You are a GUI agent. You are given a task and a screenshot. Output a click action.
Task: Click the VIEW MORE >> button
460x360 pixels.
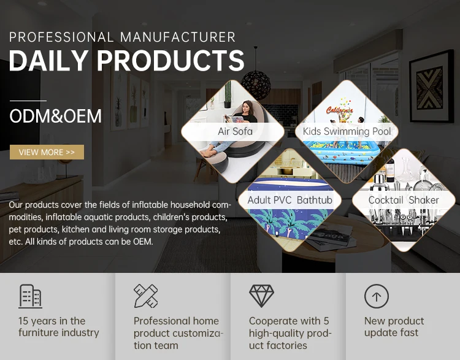pos(47,152)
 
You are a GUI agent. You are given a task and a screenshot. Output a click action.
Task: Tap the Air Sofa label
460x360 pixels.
pos(235,131)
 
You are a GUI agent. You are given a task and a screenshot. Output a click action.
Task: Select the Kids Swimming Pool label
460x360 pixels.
pos(347,131)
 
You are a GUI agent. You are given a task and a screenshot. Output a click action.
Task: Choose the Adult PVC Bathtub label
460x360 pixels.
pos(290,200)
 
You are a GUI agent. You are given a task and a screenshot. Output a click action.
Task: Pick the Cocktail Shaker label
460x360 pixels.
pos(404,200)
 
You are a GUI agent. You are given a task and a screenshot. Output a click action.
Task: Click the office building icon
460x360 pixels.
pos(30,296)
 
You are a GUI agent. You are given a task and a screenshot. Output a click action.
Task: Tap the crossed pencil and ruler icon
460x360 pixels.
pos(146,296)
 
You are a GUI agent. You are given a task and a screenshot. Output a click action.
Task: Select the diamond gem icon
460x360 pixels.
pos(261,296)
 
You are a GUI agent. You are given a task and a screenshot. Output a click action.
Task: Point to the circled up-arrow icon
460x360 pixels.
pos(377,296)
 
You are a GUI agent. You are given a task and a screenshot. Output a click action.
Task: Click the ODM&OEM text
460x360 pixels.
pos(55,116)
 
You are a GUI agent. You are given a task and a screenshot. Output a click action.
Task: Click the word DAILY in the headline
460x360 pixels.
pos(48,61)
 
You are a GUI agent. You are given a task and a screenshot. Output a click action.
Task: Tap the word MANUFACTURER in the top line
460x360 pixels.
pos(178,37)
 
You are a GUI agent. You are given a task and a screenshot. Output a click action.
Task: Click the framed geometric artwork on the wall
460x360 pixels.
pos(432,86)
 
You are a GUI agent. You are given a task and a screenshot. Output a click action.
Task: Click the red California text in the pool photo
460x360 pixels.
pos(339,110)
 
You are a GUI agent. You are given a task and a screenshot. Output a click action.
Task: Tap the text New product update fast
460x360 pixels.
pos(394,326)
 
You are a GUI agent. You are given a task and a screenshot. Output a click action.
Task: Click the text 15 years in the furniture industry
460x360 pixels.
pos(59,326)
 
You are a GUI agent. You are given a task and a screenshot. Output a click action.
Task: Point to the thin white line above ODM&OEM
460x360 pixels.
pos(28,101)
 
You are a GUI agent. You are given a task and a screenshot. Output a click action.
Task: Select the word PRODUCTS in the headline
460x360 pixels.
pos(171,61)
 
